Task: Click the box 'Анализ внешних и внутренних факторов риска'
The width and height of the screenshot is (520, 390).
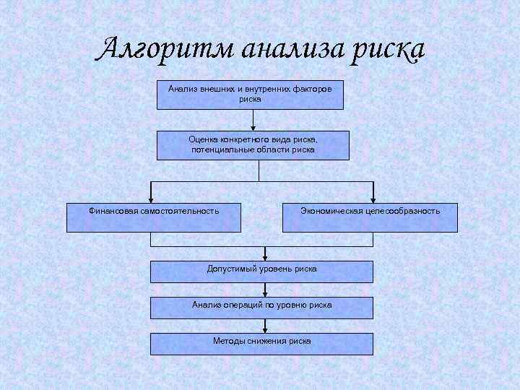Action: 250,94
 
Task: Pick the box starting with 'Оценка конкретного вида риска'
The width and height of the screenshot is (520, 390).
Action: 253,144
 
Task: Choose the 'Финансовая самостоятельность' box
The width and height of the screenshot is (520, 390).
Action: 154,217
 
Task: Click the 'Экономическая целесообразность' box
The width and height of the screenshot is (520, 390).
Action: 370,217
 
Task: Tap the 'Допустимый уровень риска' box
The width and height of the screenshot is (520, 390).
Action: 261,271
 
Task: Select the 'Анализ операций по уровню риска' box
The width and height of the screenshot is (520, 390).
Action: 261,307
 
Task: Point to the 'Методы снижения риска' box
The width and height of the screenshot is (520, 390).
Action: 261,343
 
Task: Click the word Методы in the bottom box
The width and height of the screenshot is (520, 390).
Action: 228,341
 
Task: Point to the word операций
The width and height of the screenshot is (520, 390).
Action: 245,305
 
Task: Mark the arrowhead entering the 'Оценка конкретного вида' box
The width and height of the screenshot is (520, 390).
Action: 253,127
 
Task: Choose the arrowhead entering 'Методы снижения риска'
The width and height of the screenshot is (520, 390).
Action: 266,329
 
